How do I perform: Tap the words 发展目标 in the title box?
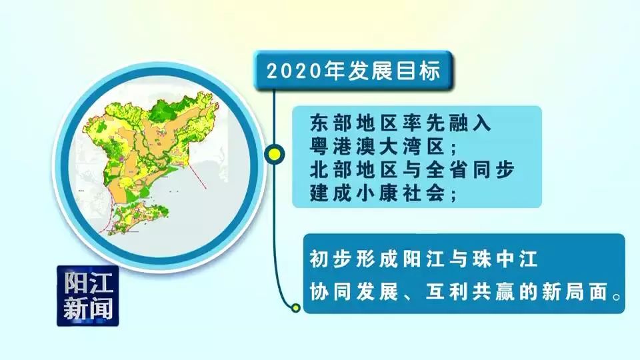point(395,71)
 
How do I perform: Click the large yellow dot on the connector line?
point(275,154)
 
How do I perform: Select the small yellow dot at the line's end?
point(295,307)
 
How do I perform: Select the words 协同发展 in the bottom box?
point(353,292)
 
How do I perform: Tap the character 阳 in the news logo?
point(75,283)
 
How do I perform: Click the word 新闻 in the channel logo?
point(88,309)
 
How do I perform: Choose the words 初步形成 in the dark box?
point(353,259)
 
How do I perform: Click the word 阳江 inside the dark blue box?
point(88,283)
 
